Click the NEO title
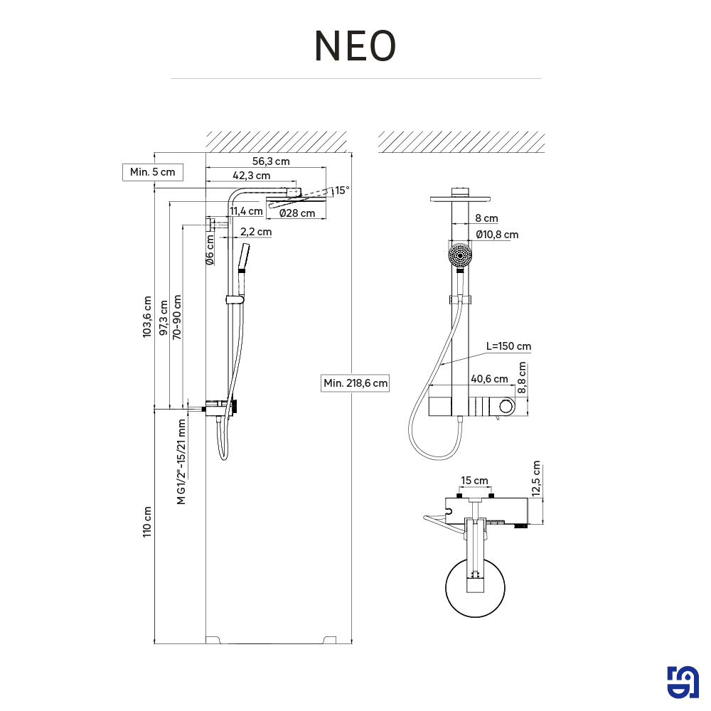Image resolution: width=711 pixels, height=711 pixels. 355,46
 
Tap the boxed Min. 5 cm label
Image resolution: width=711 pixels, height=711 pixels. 152,172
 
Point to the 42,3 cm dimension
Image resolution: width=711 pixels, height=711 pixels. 251,175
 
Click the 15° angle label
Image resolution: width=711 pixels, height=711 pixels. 343,190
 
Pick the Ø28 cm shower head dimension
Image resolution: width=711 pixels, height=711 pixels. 296,213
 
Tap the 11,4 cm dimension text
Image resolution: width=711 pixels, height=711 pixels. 246,210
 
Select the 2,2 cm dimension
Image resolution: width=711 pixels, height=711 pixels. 255,232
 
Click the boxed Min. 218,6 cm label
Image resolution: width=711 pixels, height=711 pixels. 355,383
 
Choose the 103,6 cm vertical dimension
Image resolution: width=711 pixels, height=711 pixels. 147,316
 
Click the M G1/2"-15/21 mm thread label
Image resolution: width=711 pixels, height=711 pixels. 182,461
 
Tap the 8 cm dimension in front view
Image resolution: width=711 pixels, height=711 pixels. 486,218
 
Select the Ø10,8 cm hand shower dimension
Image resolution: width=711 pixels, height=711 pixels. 497,234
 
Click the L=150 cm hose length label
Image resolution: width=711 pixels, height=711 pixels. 508,346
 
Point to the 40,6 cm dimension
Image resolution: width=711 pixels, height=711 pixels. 489,379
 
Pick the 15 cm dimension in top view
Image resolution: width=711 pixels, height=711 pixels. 474,481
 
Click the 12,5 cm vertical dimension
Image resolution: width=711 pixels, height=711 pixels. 536,478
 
